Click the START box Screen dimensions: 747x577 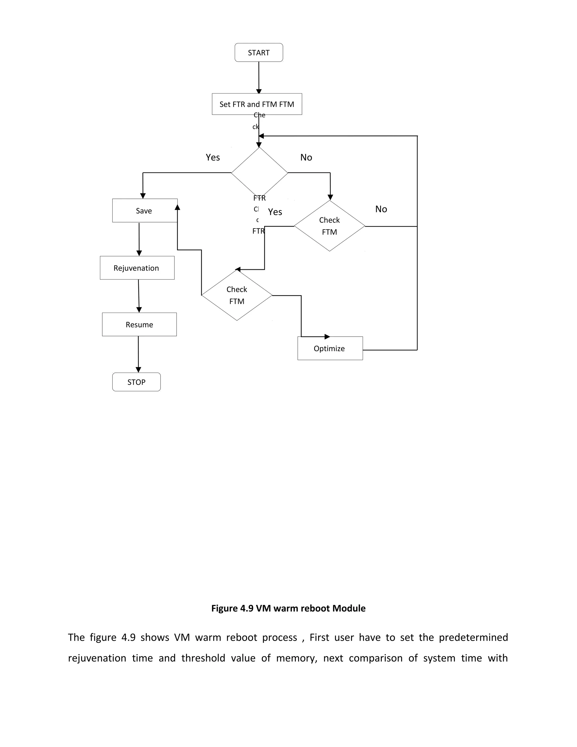tap(258, 53)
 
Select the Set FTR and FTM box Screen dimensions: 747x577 tap(257, 104)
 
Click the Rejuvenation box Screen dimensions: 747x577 tap(137, 268)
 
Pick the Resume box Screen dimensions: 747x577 tap(139, 324)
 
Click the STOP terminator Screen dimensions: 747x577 tap(136, 382)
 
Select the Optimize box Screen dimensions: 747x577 tap(330, 348)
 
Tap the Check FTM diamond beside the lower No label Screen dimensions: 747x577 tap(330, 226)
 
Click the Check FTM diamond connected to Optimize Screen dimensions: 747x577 tap(237, 295)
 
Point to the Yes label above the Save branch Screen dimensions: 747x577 tap(213, 157)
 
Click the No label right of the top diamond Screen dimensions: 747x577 tap(306, 157)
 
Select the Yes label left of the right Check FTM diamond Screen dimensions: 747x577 tap(275, 212)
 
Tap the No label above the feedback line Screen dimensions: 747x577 tap(381, 209)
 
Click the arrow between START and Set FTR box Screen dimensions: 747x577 tap(259, 77)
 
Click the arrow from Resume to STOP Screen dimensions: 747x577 tap(138, 354)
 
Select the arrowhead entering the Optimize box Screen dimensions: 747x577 tap(327, 337)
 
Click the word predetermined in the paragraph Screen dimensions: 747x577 tap(473, 637)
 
